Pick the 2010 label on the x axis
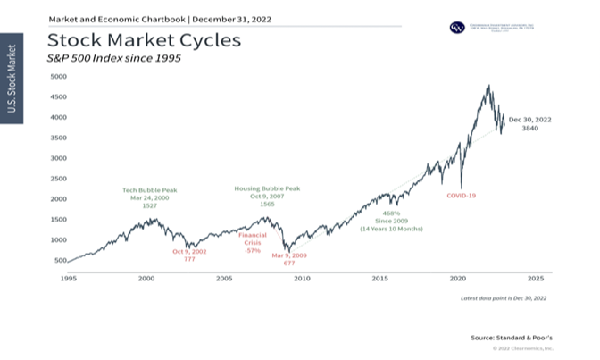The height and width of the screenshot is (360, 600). pyautogui.click(x=301, y=280)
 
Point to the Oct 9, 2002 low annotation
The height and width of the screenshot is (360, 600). pyautogui.click(x=190, y=255)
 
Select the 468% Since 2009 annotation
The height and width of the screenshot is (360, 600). pyautogui.click(x=390, y=222)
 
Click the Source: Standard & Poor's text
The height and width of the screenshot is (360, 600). pyautogui.click(x=512, y=338)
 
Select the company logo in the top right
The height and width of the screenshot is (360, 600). pyautogui.click(x=457, y=28)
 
